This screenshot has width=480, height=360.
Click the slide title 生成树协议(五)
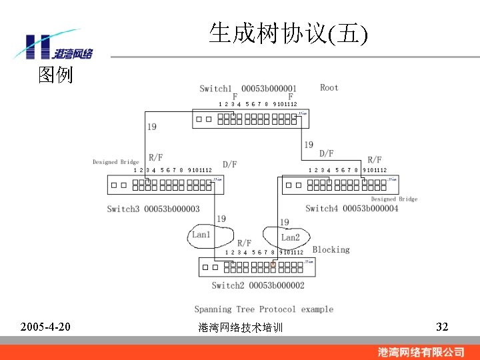pos(288,33)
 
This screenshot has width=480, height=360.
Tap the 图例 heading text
pos(55,75)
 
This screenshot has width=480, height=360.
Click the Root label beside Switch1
pos(329,87)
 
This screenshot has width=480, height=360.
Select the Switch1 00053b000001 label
pos(248,89)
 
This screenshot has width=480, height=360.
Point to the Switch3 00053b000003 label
pos(153,209)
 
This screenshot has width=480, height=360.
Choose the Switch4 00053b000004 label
pos(351,209)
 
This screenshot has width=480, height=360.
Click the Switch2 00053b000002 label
pos(257,285)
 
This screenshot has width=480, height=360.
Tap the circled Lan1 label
pos(201,235)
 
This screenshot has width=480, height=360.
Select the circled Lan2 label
pos(290,237)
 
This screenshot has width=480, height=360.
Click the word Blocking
pos(331,249)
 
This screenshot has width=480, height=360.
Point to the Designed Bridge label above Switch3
pos(115,162)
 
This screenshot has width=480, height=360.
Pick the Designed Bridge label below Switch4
pos(394,199)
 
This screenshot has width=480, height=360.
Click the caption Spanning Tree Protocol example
pos(263,309)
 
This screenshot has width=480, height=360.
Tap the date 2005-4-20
pos(46,327)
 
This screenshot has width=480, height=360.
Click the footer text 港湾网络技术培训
pos(241,328)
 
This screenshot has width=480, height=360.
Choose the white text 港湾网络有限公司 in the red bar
pos(421,351)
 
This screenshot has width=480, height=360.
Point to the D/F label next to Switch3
pos(229,164)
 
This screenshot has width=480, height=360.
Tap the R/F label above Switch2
pos(244,243)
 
